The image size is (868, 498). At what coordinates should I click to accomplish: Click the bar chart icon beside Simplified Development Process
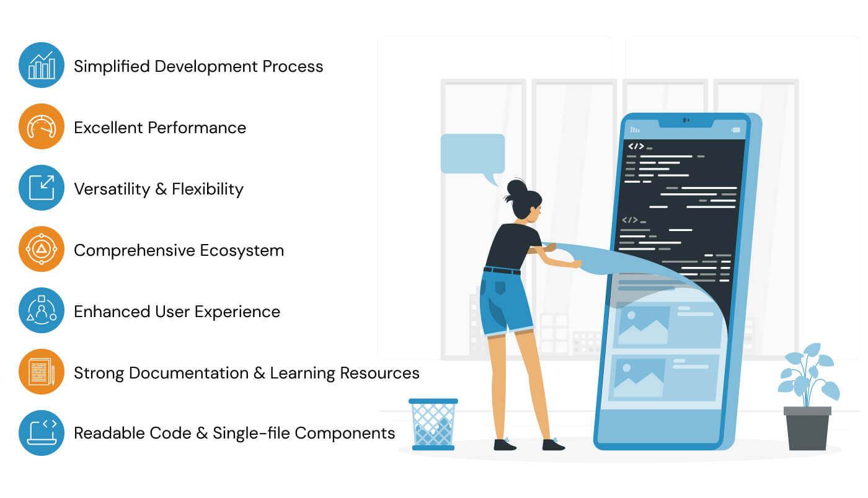42,65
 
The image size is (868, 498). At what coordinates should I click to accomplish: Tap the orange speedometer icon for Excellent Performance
42,126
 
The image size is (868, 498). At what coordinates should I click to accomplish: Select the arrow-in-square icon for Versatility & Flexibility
42,188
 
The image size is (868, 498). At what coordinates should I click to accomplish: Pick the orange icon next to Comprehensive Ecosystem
42,249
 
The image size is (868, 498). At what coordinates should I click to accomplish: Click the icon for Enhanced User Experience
42,310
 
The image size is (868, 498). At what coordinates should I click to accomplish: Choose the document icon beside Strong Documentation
42,372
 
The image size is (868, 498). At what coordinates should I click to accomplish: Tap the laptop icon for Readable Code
42,433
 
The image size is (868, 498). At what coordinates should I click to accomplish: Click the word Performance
197,128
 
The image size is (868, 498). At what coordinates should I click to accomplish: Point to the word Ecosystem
242,251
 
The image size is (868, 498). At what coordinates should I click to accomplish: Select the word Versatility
112,190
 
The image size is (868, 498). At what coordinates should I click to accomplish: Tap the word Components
345,434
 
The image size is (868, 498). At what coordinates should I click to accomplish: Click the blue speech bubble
472,154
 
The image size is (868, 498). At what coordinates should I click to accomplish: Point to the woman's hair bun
516,188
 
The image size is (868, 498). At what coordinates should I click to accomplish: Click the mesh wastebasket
433,424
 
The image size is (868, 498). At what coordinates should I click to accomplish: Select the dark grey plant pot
807,428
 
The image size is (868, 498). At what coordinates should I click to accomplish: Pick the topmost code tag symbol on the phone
636,146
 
